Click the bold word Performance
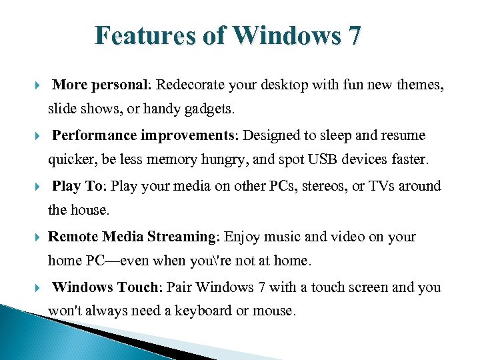click(x=95, y=135)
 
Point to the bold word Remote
click(x=73, y=237)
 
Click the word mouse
click(x=274, y=311)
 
